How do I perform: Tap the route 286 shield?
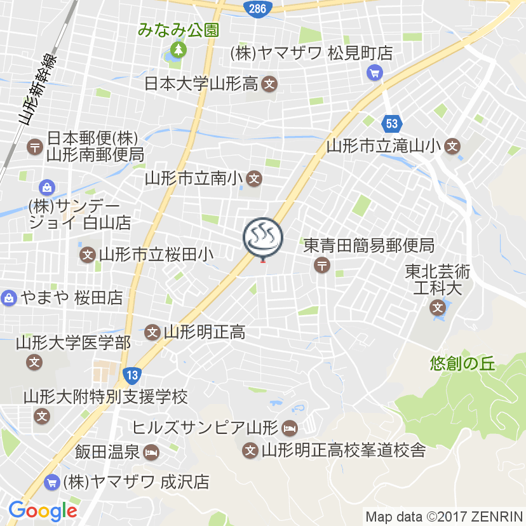258,8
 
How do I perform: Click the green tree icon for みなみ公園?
179,49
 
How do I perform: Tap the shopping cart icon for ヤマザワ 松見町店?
374,73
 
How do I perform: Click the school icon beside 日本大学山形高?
270,83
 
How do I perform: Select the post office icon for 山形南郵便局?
34,147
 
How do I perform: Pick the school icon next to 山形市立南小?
254,179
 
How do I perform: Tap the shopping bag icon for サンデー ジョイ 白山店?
46,187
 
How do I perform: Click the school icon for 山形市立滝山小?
452,146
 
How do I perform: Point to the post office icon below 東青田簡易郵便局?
323,265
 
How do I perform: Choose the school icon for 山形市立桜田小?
88,255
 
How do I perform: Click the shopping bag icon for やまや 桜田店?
9,297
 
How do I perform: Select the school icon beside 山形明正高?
152,332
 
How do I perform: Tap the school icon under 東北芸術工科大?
437,309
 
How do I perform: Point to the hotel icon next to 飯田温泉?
151,453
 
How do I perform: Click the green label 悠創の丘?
462,363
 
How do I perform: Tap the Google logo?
43,509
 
